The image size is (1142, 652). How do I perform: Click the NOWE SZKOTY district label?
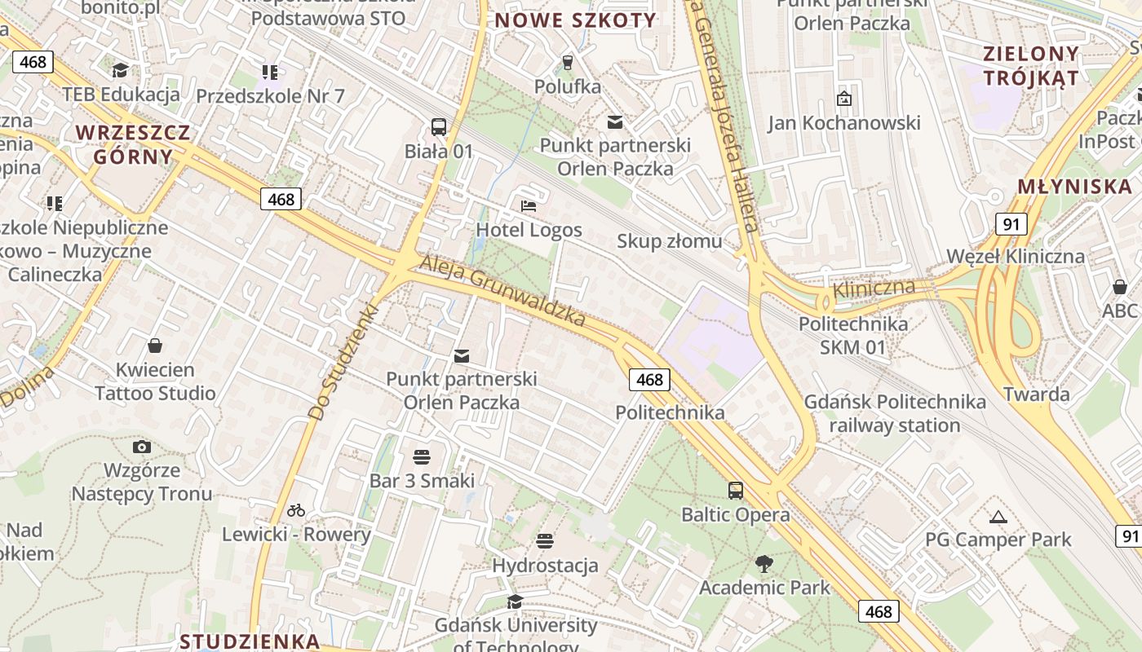(575, 20)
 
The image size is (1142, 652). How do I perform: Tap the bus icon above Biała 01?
(439, 127)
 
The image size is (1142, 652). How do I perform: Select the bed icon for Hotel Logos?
(529, 205)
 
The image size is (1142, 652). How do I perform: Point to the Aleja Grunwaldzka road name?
(502, 291)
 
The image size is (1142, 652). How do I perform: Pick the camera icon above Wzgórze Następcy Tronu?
(142, 447)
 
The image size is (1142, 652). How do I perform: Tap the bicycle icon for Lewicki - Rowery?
(296, 510)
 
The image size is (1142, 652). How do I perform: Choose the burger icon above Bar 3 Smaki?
(422, 456)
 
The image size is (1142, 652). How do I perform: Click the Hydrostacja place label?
(545, 565)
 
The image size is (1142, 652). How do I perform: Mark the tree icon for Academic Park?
(764, 562)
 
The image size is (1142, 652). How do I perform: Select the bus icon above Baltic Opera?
(736, 491)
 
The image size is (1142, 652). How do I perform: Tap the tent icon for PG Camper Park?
(998, 516)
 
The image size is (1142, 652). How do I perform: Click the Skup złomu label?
(669, 240)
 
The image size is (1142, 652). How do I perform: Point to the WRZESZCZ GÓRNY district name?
(133, 144)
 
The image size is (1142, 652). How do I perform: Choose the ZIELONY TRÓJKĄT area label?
(1031, 66)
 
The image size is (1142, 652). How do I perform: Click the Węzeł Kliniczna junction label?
(1015, 256)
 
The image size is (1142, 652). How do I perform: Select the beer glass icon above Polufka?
(569, 62)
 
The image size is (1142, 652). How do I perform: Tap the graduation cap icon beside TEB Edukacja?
(121, 71)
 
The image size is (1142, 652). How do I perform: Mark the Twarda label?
(1037, 394)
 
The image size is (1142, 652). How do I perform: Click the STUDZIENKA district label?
(250, 641)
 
